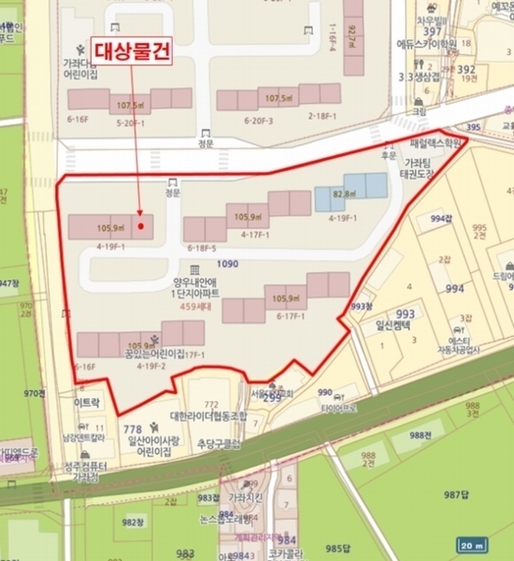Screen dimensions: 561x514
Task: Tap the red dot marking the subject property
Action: [140, 225]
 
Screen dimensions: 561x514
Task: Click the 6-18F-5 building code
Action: [201, 248]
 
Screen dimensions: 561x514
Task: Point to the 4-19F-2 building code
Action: [151, 367]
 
